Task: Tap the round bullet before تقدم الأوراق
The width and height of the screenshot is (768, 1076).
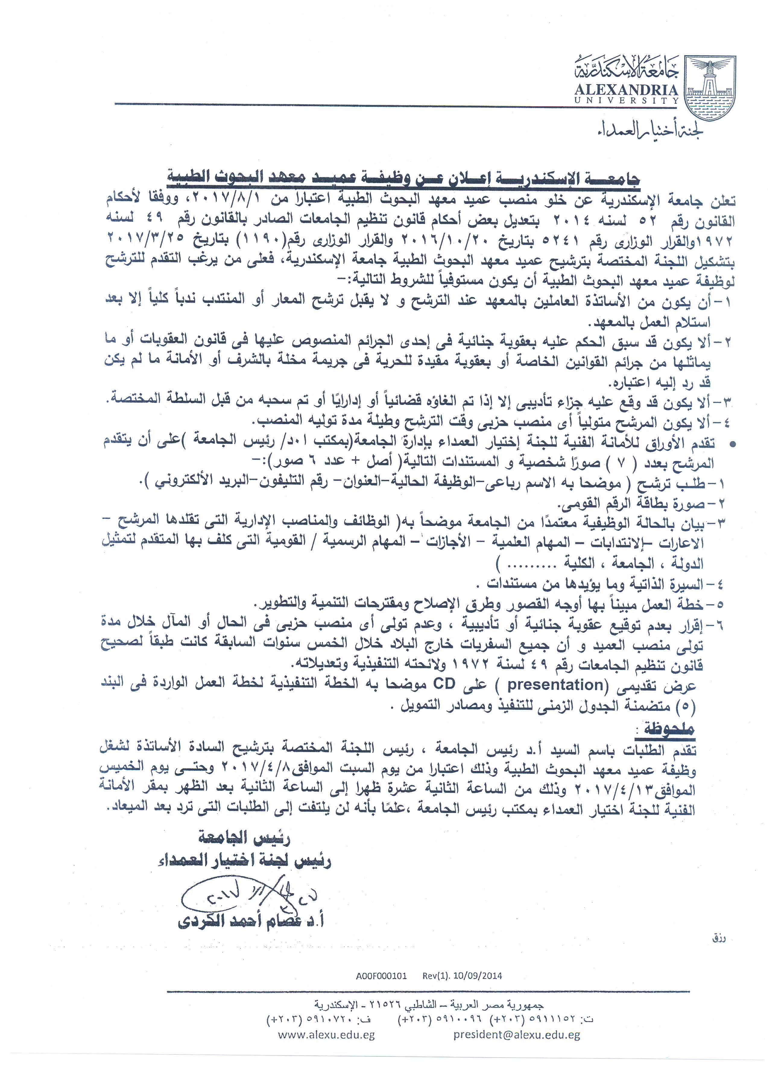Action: (733, 445)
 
